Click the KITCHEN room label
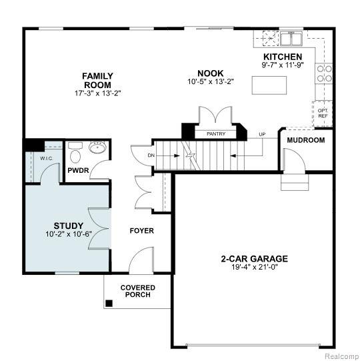pyautogui.click(x=283, y=57)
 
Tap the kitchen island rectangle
pyautogui.click(x=269, y=85)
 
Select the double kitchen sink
pyautogui.click(x=291, y=39)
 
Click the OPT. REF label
pyautogui.click(x=323, y=113)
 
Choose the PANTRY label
pyautogui.click(x=216, y=133)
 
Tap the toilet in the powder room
pyautogui.click(x=75, y=153)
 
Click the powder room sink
pyautogui.click(x=97, y=147)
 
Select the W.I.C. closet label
pyautogui.click(x=47, y=159)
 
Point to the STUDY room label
pyautogui.click(x=68, y=226)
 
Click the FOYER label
pyautogui.click(x=142, y=231)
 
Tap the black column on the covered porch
pyautogui.click(x=109, y=303)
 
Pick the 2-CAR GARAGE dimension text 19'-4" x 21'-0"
pyautogui.click(x=255, y=267)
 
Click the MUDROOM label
pyautogui.click(x=306, y=140)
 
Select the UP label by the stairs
pyautogui.click(x=262, y=134)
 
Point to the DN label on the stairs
pyautogui.click(x=151, y=155)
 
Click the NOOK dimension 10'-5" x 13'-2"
pyautogui.click(x=211, y=81)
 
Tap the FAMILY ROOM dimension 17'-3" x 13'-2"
pyautogui.click(x=98, y=93)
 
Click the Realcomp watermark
pyautogui.click(x=342, y=356)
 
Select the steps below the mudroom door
pyautogui.click(x=295, y=182)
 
